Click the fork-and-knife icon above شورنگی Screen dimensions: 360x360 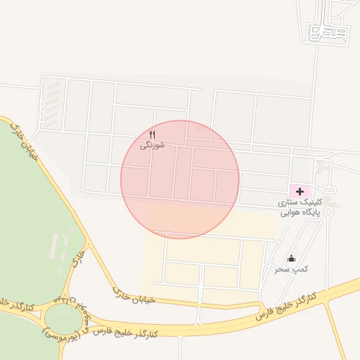click(x=153, y=134)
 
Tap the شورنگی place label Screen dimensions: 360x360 click(x=153, y=145)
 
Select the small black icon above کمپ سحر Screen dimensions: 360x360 click(x=291, y=259)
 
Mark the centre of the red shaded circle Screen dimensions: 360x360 click(x=180, y=179)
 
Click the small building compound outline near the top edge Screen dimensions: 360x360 click(x=328, y=32)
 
